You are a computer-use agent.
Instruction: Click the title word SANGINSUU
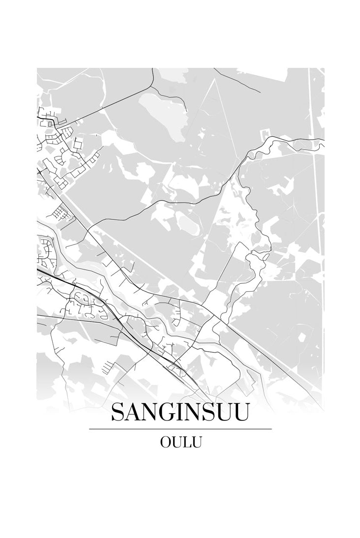pos(180,412)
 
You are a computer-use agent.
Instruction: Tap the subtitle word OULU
pos(180,442)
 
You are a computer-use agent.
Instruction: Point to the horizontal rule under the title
pos(180,429)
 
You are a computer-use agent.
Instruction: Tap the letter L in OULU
pos(187,442)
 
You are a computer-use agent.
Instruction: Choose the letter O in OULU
pos(164,442)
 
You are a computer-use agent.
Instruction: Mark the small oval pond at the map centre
pos(187,224)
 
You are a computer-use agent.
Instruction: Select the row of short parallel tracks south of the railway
pos(107,366)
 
